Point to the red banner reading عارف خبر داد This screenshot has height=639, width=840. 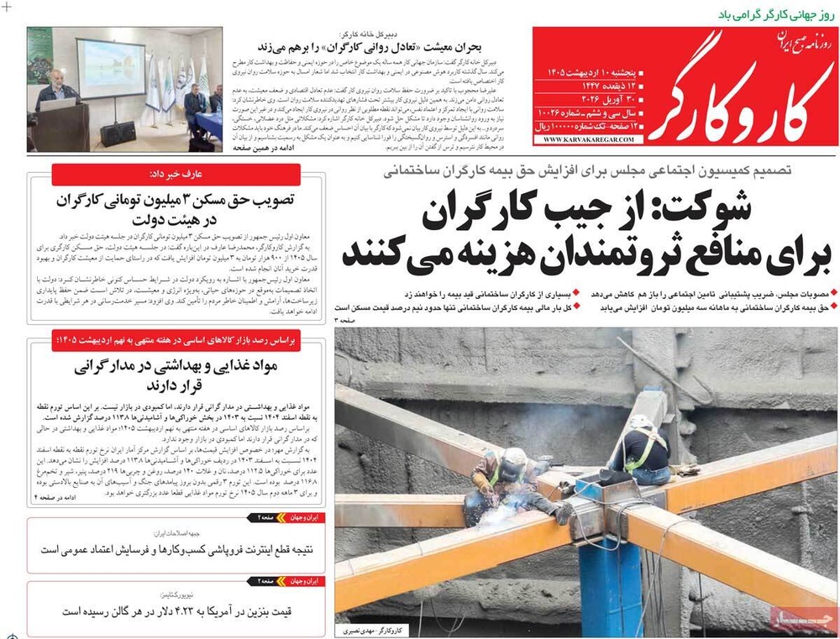(x=176, y=174)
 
